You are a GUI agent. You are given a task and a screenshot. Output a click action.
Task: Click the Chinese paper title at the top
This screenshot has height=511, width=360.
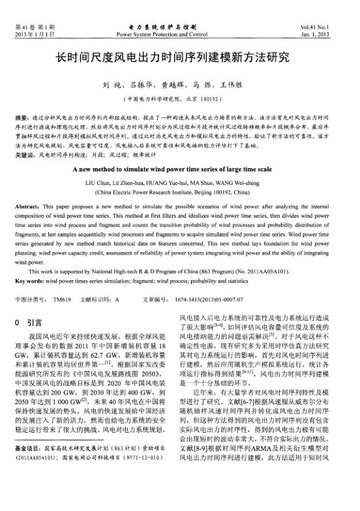click(179, 58)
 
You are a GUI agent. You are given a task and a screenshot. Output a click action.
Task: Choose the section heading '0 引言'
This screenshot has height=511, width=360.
click(27, 322)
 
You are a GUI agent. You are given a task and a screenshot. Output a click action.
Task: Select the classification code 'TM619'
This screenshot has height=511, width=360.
click(61, 300)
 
